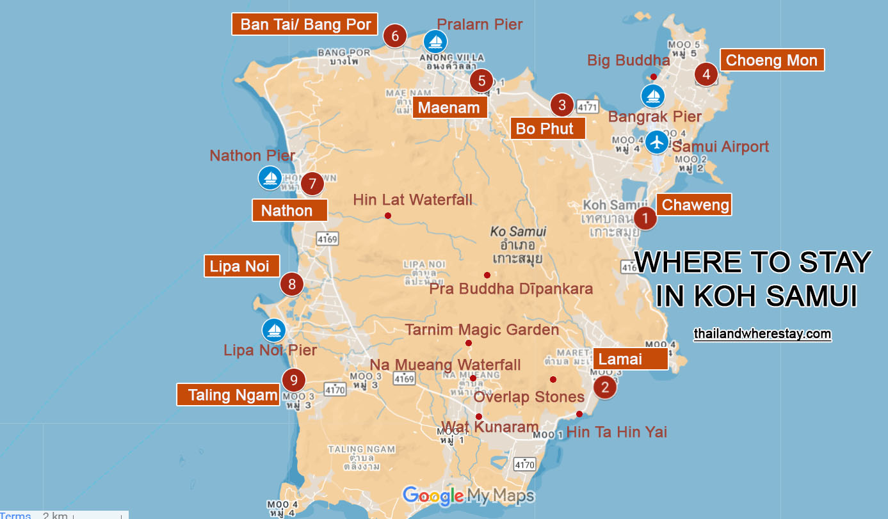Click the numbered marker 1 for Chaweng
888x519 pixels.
[645, 218]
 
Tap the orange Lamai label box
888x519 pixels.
[631, 359]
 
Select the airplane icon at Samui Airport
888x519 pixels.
[656, 141]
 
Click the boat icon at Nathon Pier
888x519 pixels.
[270, 177]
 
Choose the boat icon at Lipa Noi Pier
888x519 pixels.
[274, 330]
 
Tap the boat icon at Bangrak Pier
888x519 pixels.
[653, 97]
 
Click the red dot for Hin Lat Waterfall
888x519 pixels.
[388, 216]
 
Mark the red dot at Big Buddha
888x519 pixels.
[653, 77]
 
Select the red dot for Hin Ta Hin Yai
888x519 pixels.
[579, 414]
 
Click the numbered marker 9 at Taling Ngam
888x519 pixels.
[293, 381]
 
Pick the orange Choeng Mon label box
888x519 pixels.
[771, 60]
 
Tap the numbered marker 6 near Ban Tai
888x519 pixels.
[395, 36]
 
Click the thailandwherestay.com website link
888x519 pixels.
[762, 334]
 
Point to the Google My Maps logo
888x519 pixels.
[468, 495]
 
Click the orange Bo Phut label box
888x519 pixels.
[548, 129]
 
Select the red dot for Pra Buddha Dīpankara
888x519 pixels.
[487, 275]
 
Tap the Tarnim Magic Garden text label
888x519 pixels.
[481, 330]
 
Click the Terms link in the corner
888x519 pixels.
[15, 515]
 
